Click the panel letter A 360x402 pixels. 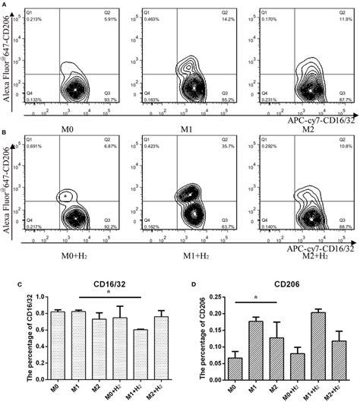pos(4,4)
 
